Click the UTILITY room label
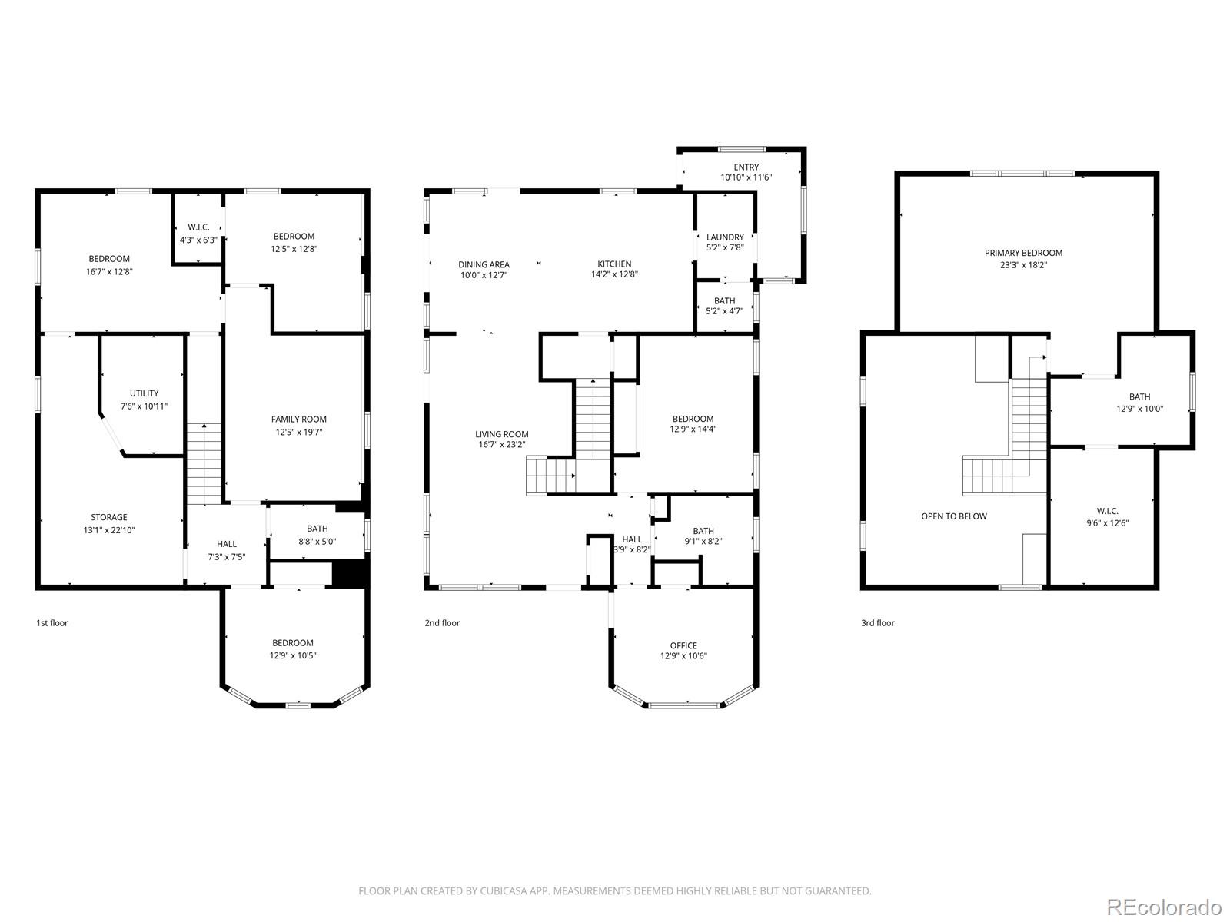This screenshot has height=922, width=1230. [x=144, y=393]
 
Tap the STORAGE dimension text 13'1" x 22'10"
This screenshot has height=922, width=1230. [x=109, y=530]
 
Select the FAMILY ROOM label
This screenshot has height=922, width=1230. [x=299, y=420]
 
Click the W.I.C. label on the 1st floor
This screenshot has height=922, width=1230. [x=198, y=227]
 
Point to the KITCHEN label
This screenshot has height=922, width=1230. [x=614, y=264]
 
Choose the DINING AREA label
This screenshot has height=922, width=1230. [x=484, y=265]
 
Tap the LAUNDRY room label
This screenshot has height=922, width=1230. [x=725, y=237]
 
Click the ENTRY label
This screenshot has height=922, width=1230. [x=746, y=167]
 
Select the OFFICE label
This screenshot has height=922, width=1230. [x=683, y=645]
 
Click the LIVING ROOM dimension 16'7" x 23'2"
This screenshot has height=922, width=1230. [x=501, y=445]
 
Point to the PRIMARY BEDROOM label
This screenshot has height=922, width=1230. [x=1024, y=253]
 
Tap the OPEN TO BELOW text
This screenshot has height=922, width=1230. [x=954, y=516]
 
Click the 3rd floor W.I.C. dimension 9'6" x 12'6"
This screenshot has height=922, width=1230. [x=1107, y=523]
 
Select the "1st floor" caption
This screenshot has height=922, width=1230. [x=52, y=623]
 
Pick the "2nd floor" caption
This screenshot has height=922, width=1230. [x=442, y=623]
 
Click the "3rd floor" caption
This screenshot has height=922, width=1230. [x=878, y=623]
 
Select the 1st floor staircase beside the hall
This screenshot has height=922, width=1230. [x=204, y=464]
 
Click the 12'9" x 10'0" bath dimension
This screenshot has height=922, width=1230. [x=1140, y=409]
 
